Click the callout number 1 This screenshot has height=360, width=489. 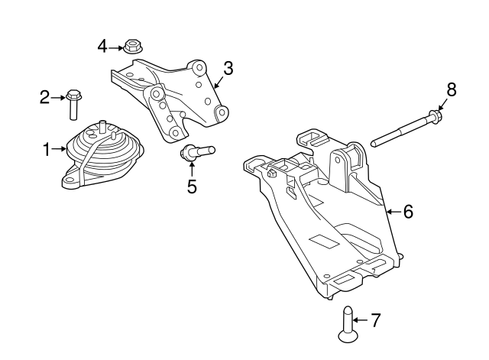pos(47,150)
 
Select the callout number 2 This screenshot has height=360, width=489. pos(44,97)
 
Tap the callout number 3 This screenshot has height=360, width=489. pos(228,68)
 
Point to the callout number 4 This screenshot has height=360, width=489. pos(102,47)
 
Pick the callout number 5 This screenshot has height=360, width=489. pos(192,186)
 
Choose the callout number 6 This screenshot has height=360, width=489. pos(408,212)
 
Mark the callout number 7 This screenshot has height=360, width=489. pos(376,320)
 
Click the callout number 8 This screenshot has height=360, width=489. pos(452,89)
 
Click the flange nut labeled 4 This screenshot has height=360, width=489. pos(133,47)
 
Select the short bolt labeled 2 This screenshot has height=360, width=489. pos(73,105)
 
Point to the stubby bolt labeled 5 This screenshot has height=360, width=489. pos(197,152)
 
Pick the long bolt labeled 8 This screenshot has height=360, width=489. pos(406,128)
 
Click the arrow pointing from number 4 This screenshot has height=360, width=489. pos(116,48)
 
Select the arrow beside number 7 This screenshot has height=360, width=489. pos(360,320)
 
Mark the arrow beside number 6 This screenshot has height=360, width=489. pos(393,212)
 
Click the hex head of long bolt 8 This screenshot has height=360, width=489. pos(436,115)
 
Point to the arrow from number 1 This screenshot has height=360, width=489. pos(60,149)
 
